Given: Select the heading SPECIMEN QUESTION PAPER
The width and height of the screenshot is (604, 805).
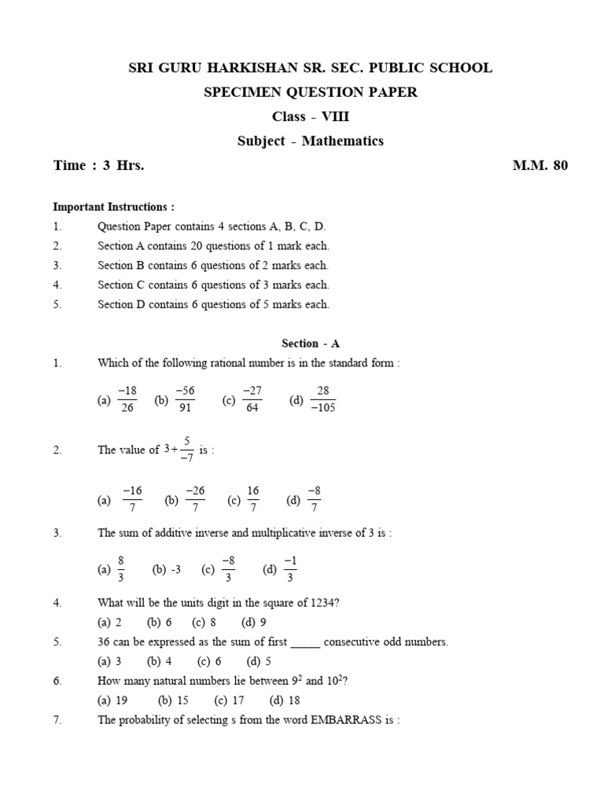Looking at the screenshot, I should (x=311, y=93).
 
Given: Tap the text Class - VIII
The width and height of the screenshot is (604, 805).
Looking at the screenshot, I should (x=311, y=117).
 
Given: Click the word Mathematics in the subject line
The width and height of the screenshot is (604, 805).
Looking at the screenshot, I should (x=345, y=142).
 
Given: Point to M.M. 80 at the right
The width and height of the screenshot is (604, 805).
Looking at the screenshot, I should (x=540, y=165).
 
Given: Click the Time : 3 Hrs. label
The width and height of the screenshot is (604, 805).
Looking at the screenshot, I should (x=98, y=165).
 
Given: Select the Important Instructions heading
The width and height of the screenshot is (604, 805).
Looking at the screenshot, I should (x=113, y=207).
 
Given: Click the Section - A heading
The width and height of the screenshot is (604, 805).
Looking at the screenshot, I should (x=311, y=344).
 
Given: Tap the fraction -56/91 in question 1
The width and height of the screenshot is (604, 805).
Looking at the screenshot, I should (x=186, y=399).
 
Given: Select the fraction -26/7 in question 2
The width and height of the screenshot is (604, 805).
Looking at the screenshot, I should (x=195, y=499).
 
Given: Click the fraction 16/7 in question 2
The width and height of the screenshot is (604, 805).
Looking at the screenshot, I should (x=253, y=499).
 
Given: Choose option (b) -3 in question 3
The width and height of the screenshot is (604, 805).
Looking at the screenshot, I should (x=167, y=570).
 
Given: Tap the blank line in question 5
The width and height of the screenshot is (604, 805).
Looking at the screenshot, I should (x=305, y=642).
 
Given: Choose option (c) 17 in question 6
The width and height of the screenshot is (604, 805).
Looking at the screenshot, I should (x=229, y=700).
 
